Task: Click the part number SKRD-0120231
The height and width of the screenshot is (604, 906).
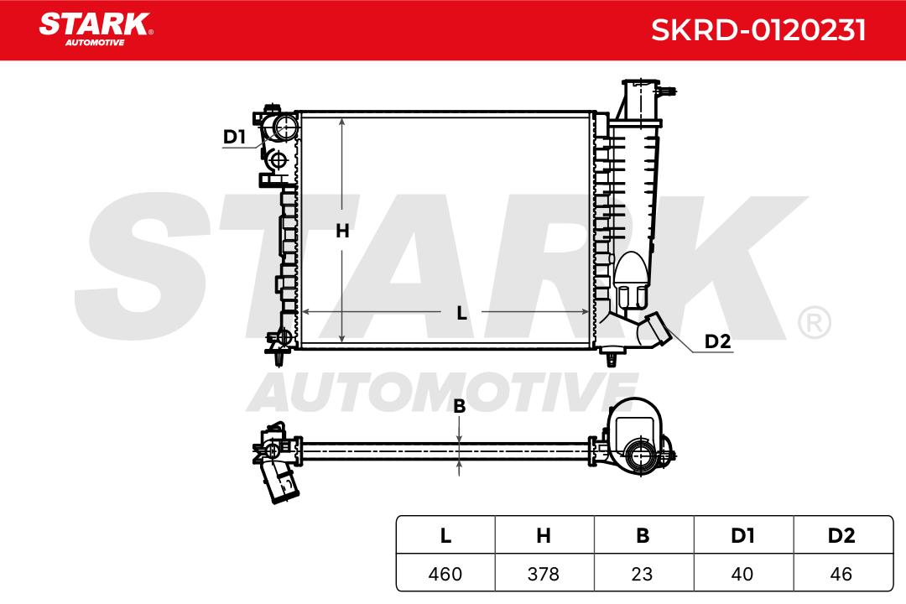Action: click(758, 30)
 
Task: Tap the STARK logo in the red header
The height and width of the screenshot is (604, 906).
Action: click(96, 29)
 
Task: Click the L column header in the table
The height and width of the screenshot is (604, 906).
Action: click(445, 536)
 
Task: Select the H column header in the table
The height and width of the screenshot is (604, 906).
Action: click(544, 536)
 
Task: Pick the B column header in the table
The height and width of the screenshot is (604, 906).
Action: click(643, 536)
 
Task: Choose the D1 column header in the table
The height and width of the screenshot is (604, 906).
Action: click(742, 536)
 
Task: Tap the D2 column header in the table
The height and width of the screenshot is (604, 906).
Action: click(841, 536)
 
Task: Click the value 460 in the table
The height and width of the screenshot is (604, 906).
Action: click(445, 574)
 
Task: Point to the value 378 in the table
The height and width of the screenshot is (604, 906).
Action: click(544, 574)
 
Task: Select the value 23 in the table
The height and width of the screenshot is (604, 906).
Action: click(643, 574)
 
